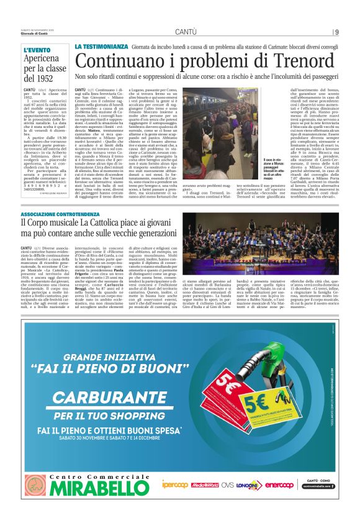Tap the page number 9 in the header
(336, 32)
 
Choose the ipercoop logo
(176, 484)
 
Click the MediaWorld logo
(204, 484)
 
